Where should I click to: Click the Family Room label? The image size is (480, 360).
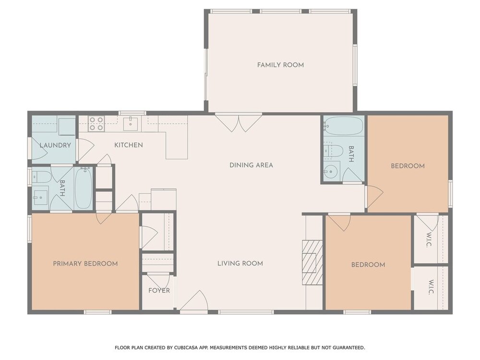(x=280, y=65)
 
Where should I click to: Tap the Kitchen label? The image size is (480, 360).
(x=129, y=145)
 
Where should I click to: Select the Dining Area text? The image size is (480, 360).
(x=252, y=165)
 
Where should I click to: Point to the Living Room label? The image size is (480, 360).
(x=240, y=263)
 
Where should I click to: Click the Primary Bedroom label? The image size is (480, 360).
(x=85, y=264)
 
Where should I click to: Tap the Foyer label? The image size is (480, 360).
(x=159, y=290)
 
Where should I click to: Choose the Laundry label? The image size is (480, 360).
(x=55, y=145)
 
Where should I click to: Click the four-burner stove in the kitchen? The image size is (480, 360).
(x=96, y=123)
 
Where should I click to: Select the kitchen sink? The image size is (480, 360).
(x=131, y=123)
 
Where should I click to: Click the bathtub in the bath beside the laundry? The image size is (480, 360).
(x=83, y=188)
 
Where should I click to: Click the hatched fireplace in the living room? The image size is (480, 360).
(x=312, y=263)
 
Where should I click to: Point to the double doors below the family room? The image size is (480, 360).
(x=239, y=122)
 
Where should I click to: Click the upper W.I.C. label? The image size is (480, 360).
(x=429, y=240)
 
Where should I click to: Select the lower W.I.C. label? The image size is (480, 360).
(x=431, y=287)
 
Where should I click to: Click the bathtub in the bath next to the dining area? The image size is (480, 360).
(x=343, y=126)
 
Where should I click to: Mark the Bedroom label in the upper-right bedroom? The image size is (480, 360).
(x=408, y=166)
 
